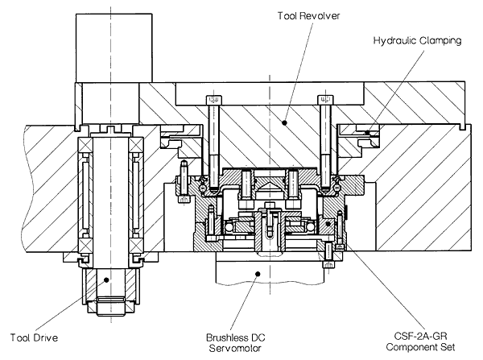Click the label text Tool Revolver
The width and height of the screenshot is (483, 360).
[308, 16]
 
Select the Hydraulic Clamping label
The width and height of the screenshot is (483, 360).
[417, 41]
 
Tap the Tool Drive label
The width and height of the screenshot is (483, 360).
[34, 337]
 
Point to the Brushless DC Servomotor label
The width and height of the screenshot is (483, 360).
[236, 343]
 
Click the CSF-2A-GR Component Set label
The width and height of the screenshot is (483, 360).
[420, 341]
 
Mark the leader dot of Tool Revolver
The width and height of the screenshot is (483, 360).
[285, 122]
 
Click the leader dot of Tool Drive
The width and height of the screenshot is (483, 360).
[106, 279]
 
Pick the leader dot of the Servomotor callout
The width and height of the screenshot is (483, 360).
[258, 274]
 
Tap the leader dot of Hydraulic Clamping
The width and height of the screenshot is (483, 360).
[367, 133]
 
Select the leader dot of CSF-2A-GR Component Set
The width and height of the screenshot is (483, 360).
[328, 223]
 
